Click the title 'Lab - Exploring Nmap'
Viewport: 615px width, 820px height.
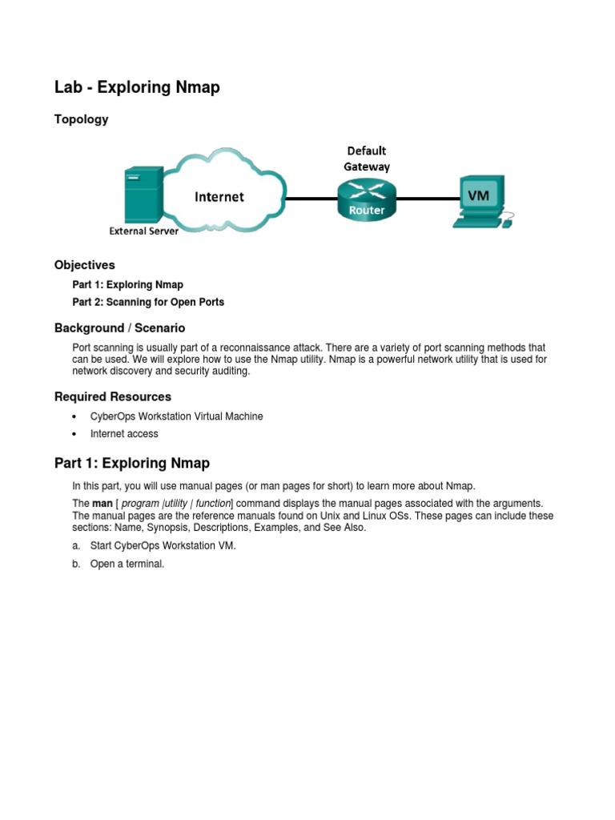(137, 87)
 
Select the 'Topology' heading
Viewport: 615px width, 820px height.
(81, 119)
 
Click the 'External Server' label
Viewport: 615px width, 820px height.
(144, 231)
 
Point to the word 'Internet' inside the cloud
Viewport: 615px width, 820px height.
(219, 196)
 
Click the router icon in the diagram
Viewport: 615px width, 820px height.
(366, 199)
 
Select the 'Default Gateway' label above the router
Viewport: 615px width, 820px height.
(367, 159)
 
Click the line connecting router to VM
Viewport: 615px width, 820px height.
(424, 198)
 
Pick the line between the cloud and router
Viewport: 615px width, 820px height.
(310, 198)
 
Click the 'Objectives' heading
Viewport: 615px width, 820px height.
(85, 265)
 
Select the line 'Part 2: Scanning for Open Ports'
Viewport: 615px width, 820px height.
(148, 302)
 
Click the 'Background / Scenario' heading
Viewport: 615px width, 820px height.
(119, 328)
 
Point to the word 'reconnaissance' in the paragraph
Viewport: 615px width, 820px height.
(312, 348)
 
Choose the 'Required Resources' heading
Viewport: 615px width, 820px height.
(112, 396)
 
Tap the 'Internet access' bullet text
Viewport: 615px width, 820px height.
(124, 434)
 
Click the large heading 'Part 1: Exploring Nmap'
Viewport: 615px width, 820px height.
(132, 463)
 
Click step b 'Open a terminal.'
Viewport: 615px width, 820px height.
(127, 564)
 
